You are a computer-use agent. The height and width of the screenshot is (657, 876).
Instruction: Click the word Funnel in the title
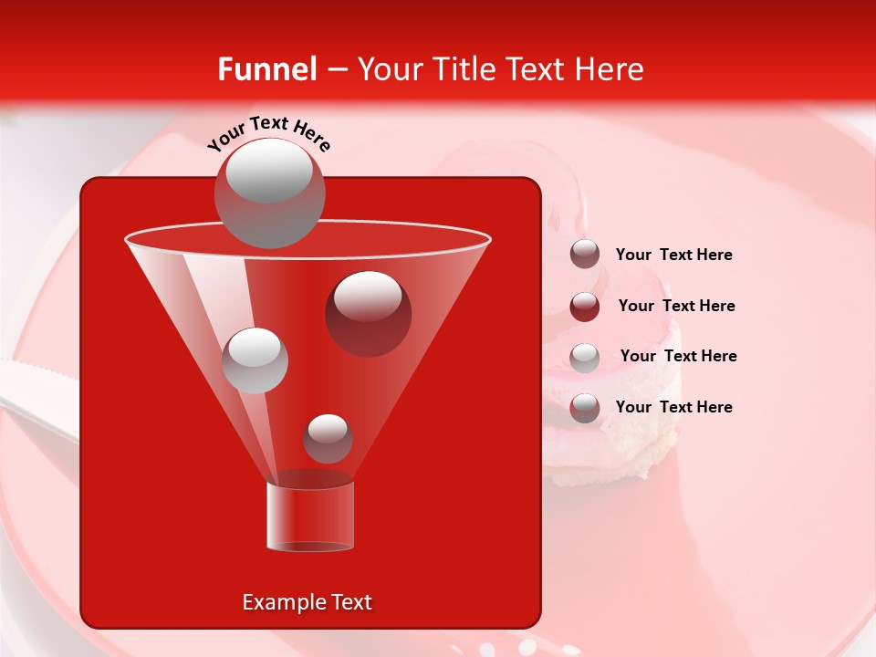267,69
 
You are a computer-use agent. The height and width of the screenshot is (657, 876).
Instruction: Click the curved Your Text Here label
269,133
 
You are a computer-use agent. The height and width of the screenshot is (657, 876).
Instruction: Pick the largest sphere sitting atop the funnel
269,193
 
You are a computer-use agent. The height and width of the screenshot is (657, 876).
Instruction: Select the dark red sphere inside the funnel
368,313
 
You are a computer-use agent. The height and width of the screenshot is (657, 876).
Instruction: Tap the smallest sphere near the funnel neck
328,438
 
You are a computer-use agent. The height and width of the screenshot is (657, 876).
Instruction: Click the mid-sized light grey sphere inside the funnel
255,360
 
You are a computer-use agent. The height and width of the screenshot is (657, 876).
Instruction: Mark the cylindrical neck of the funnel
310,516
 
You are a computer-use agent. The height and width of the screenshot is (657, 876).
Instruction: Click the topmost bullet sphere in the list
585,255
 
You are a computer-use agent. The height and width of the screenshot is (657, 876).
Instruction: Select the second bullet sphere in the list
585,307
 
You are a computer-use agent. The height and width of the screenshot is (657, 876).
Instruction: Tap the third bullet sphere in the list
585,358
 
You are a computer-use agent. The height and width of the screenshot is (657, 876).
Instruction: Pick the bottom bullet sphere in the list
585,408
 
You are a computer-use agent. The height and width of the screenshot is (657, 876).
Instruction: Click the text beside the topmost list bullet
673,255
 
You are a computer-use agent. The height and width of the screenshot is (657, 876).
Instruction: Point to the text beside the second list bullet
676,306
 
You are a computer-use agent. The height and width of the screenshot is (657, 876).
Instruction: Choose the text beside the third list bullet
678,356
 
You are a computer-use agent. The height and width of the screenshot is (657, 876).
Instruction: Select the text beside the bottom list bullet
673,407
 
